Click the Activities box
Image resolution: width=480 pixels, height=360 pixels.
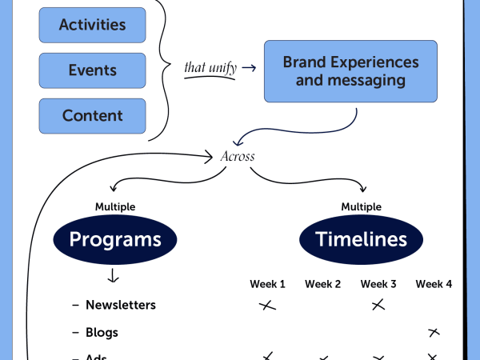tap(92, 25)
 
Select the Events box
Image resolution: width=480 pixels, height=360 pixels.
tap(92, 70)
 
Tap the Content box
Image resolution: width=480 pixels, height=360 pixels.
tap(92, 116)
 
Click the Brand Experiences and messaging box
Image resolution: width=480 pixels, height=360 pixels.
tap(350, 71)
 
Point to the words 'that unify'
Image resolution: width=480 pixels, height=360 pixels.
tap(210, 67)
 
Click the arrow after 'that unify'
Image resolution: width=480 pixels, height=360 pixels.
tap(249, 68)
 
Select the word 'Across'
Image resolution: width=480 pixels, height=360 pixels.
tap(238, 156)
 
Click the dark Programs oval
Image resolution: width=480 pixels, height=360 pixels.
tap(115, 238)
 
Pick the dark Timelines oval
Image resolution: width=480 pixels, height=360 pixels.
tap(361, 238)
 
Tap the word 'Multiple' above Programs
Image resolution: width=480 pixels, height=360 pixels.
tap(115, 206)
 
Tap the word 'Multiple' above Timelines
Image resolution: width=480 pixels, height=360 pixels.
tap(361, 206)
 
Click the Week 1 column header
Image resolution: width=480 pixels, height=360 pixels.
tap(267, 284)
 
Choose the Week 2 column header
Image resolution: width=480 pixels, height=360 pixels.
tap(322, 284)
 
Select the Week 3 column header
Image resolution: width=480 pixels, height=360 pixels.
tap(378, 284)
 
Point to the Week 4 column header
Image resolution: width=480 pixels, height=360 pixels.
tap(434, 284)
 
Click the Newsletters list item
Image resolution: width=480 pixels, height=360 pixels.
tap(120, 305)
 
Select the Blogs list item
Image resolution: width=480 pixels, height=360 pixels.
tap(102, 332)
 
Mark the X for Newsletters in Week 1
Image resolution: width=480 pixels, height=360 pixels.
tap(267, 305)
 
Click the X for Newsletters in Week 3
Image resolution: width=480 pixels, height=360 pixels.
tap(378, 305)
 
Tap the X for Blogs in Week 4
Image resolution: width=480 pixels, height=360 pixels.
tap(434, 331)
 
